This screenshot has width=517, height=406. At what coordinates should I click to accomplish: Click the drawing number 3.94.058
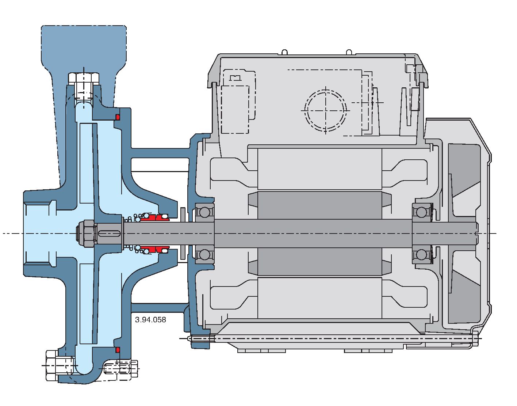150,319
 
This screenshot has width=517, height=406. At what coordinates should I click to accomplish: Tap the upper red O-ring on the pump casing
117,117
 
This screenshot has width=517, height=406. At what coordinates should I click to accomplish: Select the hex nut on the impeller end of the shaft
86,234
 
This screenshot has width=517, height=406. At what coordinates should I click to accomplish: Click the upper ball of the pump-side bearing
204,212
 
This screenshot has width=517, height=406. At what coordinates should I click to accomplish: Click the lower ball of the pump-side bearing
204,255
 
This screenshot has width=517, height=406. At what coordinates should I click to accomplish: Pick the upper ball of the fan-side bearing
422,212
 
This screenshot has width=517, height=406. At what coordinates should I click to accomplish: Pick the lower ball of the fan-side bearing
422,255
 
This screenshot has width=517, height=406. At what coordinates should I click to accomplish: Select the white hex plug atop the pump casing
84,87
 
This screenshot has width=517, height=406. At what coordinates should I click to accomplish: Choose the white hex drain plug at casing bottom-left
60,365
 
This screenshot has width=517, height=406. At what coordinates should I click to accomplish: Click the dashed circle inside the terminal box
325,110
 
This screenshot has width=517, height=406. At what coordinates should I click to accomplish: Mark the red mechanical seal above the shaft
155,217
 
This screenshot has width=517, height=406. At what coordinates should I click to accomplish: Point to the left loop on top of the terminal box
284,52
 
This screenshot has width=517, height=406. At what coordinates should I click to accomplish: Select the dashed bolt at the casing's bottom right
121,368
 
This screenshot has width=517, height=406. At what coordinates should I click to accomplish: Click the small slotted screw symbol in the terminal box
235,77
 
